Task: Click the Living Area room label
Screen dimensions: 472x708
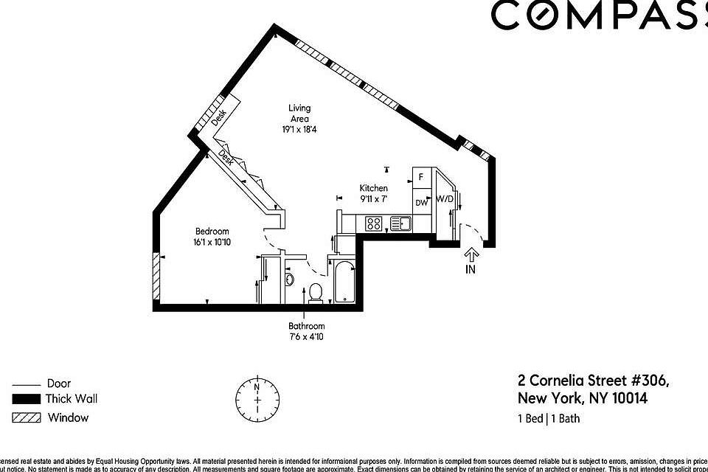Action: tap(299, 114)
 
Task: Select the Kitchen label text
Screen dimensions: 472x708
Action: tap(373, 188)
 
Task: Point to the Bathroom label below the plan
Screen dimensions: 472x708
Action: tap(306, 326)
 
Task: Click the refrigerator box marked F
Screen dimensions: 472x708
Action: tap(421, 177)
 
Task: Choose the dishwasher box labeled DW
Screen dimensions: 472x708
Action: tap(421, 202)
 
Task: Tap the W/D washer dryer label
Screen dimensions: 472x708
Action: tap(444, 199)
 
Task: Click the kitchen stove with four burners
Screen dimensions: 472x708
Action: tap(374, 222)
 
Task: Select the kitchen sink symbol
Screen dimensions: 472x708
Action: tap(402, 222)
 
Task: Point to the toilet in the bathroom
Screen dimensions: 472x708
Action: tap(315, 292)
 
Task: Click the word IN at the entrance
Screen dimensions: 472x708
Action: tap(471, 269)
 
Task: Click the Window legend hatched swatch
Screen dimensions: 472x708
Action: tap(27, 417)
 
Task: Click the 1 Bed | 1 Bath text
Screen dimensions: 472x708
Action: tap(548, 420)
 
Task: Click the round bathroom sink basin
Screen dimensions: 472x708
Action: tap(288, 280)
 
